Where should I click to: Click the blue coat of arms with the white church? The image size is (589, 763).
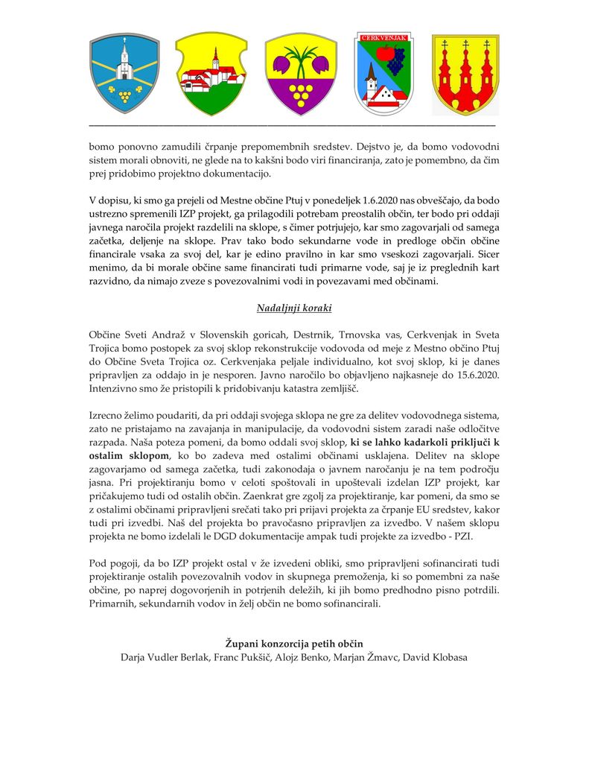[x=124, y=72]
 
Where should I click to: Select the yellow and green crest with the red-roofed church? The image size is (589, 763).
[x=211, y=73]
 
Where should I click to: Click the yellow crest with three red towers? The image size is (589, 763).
[x=465, y=73]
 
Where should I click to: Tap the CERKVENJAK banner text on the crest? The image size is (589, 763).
[x=383, y=37]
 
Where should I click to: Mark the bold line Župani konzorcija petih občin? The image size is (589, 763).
[x=293, y=643]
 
